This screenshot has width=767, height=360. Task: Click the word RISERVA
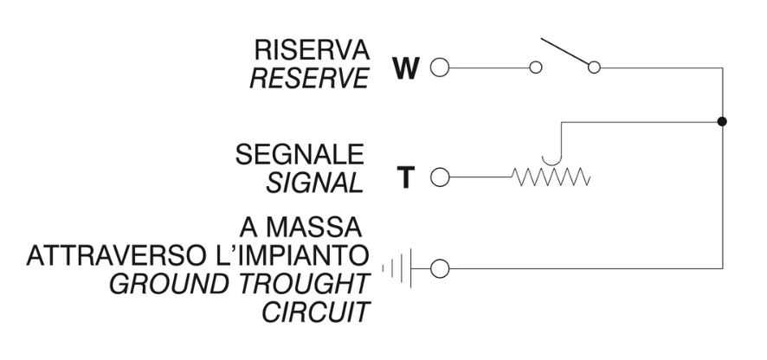[x=312, y=50]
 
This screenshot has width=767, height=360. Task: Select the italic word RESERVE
[x=309, y=78]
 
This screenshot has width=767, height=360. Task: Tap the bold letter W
[x=405, y=68]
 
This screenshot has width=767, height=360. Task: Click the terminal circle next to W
[x=440, y=67]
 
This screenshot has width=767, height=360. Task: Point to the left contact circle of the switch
[x=536, y=67]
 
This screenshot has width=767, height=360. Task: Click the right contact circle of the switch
[x=595, y=67]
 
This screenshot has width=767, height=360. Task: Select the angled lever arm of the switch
[x=564, y=51]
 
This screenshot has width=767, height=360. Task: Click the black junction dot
[x=722, y=121]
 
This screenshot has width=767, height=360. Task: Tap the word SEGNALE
[x=300, y=154]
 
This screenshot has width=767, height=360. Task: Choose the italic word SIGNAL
[x=314, y=183]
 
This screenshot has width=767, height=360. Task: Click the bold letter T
[x=405, y=177]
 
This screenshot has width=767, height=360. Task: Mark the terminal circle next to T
[x=440, y=177]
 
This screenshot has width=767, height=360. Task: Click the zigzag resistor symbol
[x=551, y=177]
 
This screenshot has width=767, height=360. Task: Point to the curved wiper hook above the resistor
[x=551, y=164]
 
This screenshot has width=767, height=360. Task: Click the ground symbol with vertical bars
[x=396, y=268]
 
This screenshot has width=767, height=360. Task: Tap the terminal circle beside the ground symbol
[x=440, y=268]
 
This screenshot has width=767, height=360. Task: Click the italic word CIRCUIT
[x=316, y=312]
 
